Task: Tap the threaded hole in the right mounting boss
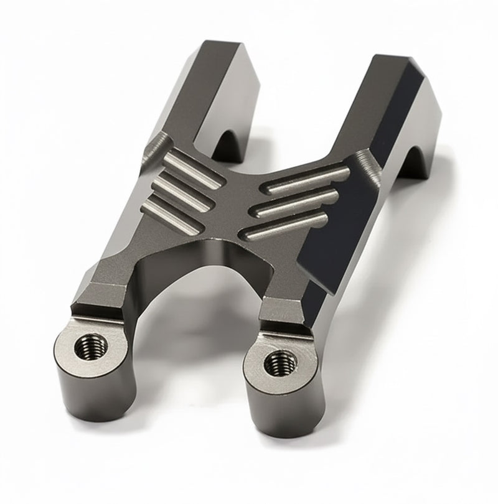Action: pyautogui.click(x=275, y=362)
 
